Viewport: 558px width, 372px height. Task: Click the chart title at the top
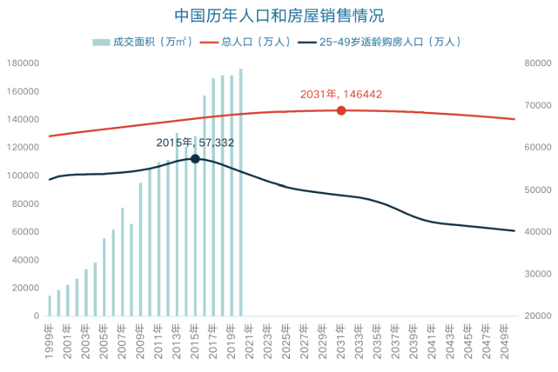tap(279, 16)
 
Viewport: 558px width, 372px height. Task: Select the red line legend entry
tap(245, 41)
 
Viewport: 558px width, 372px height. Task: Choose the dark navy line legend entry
tap(379, 41)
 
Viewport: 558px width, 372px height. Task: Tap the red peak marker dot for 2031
tap(341, 110)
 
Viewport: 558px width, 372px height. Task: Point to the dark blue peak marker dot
tap(196, 158)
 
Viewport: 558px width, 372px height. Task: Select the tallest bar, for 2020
tap(240, 191)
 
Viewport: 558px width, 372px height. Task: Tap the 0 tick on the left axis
tap(36, 316)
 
